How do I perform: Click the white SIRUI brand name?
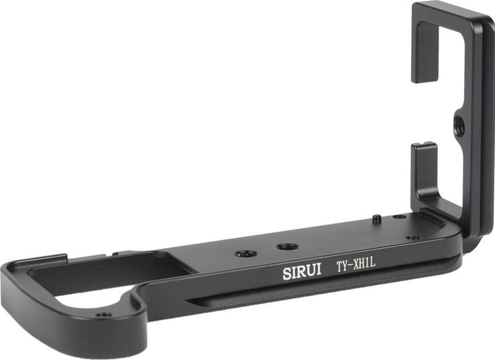(302, 272)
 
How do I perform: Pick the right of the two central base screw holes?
(286, 246)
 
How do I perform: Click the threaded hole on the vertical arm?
(459, 126)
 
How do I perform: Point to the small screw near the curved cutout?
(103, 315)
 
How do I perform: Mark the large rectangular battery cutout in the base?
(103, 275)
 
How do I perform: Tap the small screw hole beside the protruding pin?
(399, 216)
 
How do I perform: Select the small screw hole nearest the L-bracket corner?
(413, 238)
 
